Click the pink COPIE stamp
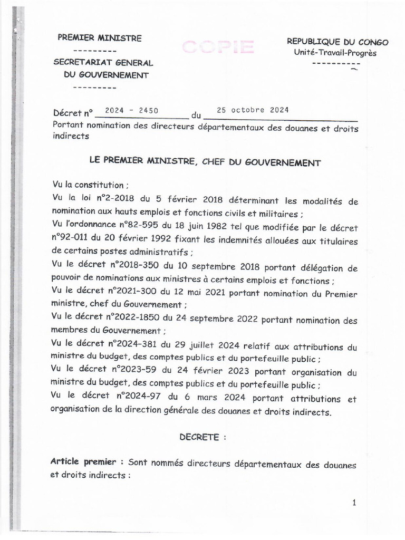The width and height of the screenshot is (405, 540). tap(218, 47)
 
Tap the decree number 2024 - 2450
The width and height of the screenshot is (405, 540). tap(131, 111)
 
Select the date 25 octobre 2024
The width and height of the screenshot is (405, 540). tap(253, 110)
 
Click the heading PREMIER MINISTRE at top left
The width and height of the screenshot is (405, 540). tap(100, 38)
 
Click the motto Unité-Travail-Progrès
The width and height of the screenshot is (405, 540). tap(335, 53)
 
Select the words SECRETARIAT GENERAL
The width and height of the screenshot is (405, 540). tap(103, 63)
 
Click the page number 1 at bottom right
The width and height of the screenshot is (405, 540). tap(354, 503)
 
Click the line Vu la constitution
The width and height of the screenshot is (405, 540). tap(88, 185)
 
